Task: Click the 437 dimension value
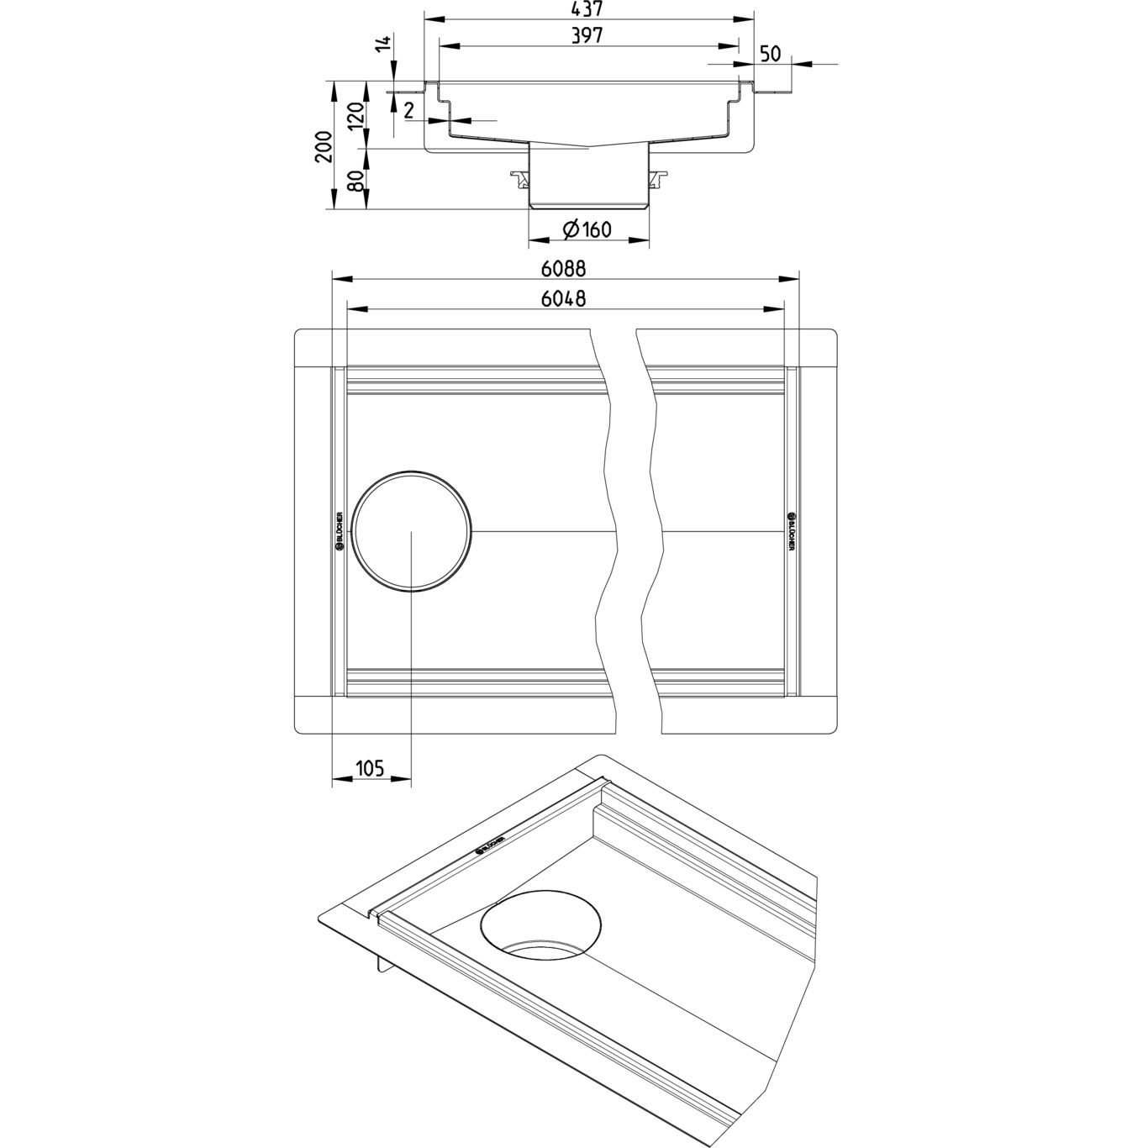588,9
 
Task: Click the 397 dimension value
587,36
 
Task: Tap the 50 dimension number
770,55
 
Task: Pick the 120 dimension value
357,113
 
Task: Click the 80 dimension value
357,180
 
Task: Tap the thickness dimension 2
409,110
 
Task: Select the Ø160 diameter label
587,229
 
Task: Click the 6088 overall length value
563,269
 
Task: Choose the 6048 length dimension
563,298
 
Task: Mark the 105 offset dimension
370,767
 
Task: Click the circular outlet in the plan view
412,531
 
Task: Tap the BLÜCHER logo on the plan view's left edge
340,531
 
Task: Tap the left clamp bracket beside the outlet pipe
519,178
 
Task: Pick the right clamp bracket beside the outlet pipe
658,178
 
